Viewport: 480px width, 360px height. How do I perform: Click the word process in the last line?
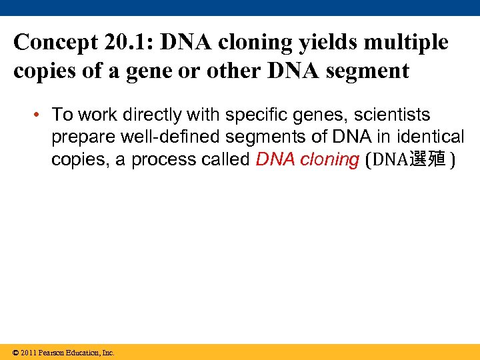[x=160, y=160]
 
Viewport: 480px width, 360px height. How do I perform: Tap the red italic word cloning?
[x=330, y=160]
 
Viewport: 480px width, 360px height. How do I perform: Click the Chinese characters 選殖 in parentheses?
[x=427, y=161]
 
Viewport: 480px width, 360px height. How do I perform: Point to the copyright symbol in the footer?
[x=16, y=353]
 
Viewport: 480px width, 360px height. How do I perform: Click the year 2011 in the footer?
[x=29, y=353]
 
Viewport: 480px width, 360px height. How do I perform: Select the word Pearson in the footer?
[x=51, y=353]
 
